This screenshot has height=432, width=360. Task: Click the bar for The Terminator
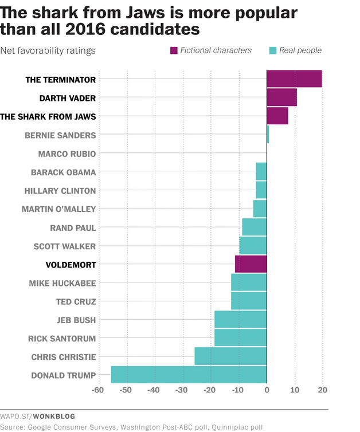point(294,79)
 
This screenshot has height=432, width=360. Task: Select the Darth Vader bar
point(281,97)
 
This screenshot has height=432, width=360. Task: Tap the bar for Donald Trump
point(189,375)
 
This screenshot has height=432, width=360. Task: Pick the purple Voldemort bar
point(251,264)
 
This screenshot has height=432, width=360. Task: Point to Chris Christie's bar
point(230,356)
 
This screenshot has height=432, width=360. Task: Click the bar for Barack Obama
point(261,171)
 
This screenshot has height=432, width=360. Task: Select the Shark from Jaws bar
point(277,116)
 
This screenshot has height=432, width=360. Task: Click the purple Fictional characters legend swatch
point(174,50)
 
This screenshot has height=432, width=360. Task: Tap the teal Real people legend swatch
point(273,50)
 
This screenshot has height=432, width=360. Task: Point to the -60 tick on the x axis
point(98,391)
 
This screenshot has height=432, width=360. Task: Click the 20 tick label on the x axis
point(322,391)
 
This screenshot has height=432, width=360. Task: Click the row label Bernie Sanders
point(61,135)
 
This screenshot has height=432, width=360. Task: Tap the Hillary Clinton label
point(60,190)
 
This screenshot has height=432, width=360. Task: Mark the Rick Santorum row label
point(62,338)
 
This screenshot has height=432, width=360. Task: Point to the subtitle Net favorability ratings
point(48,50)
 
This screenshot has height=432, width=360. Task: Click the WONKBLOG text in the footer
point(55,416)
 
